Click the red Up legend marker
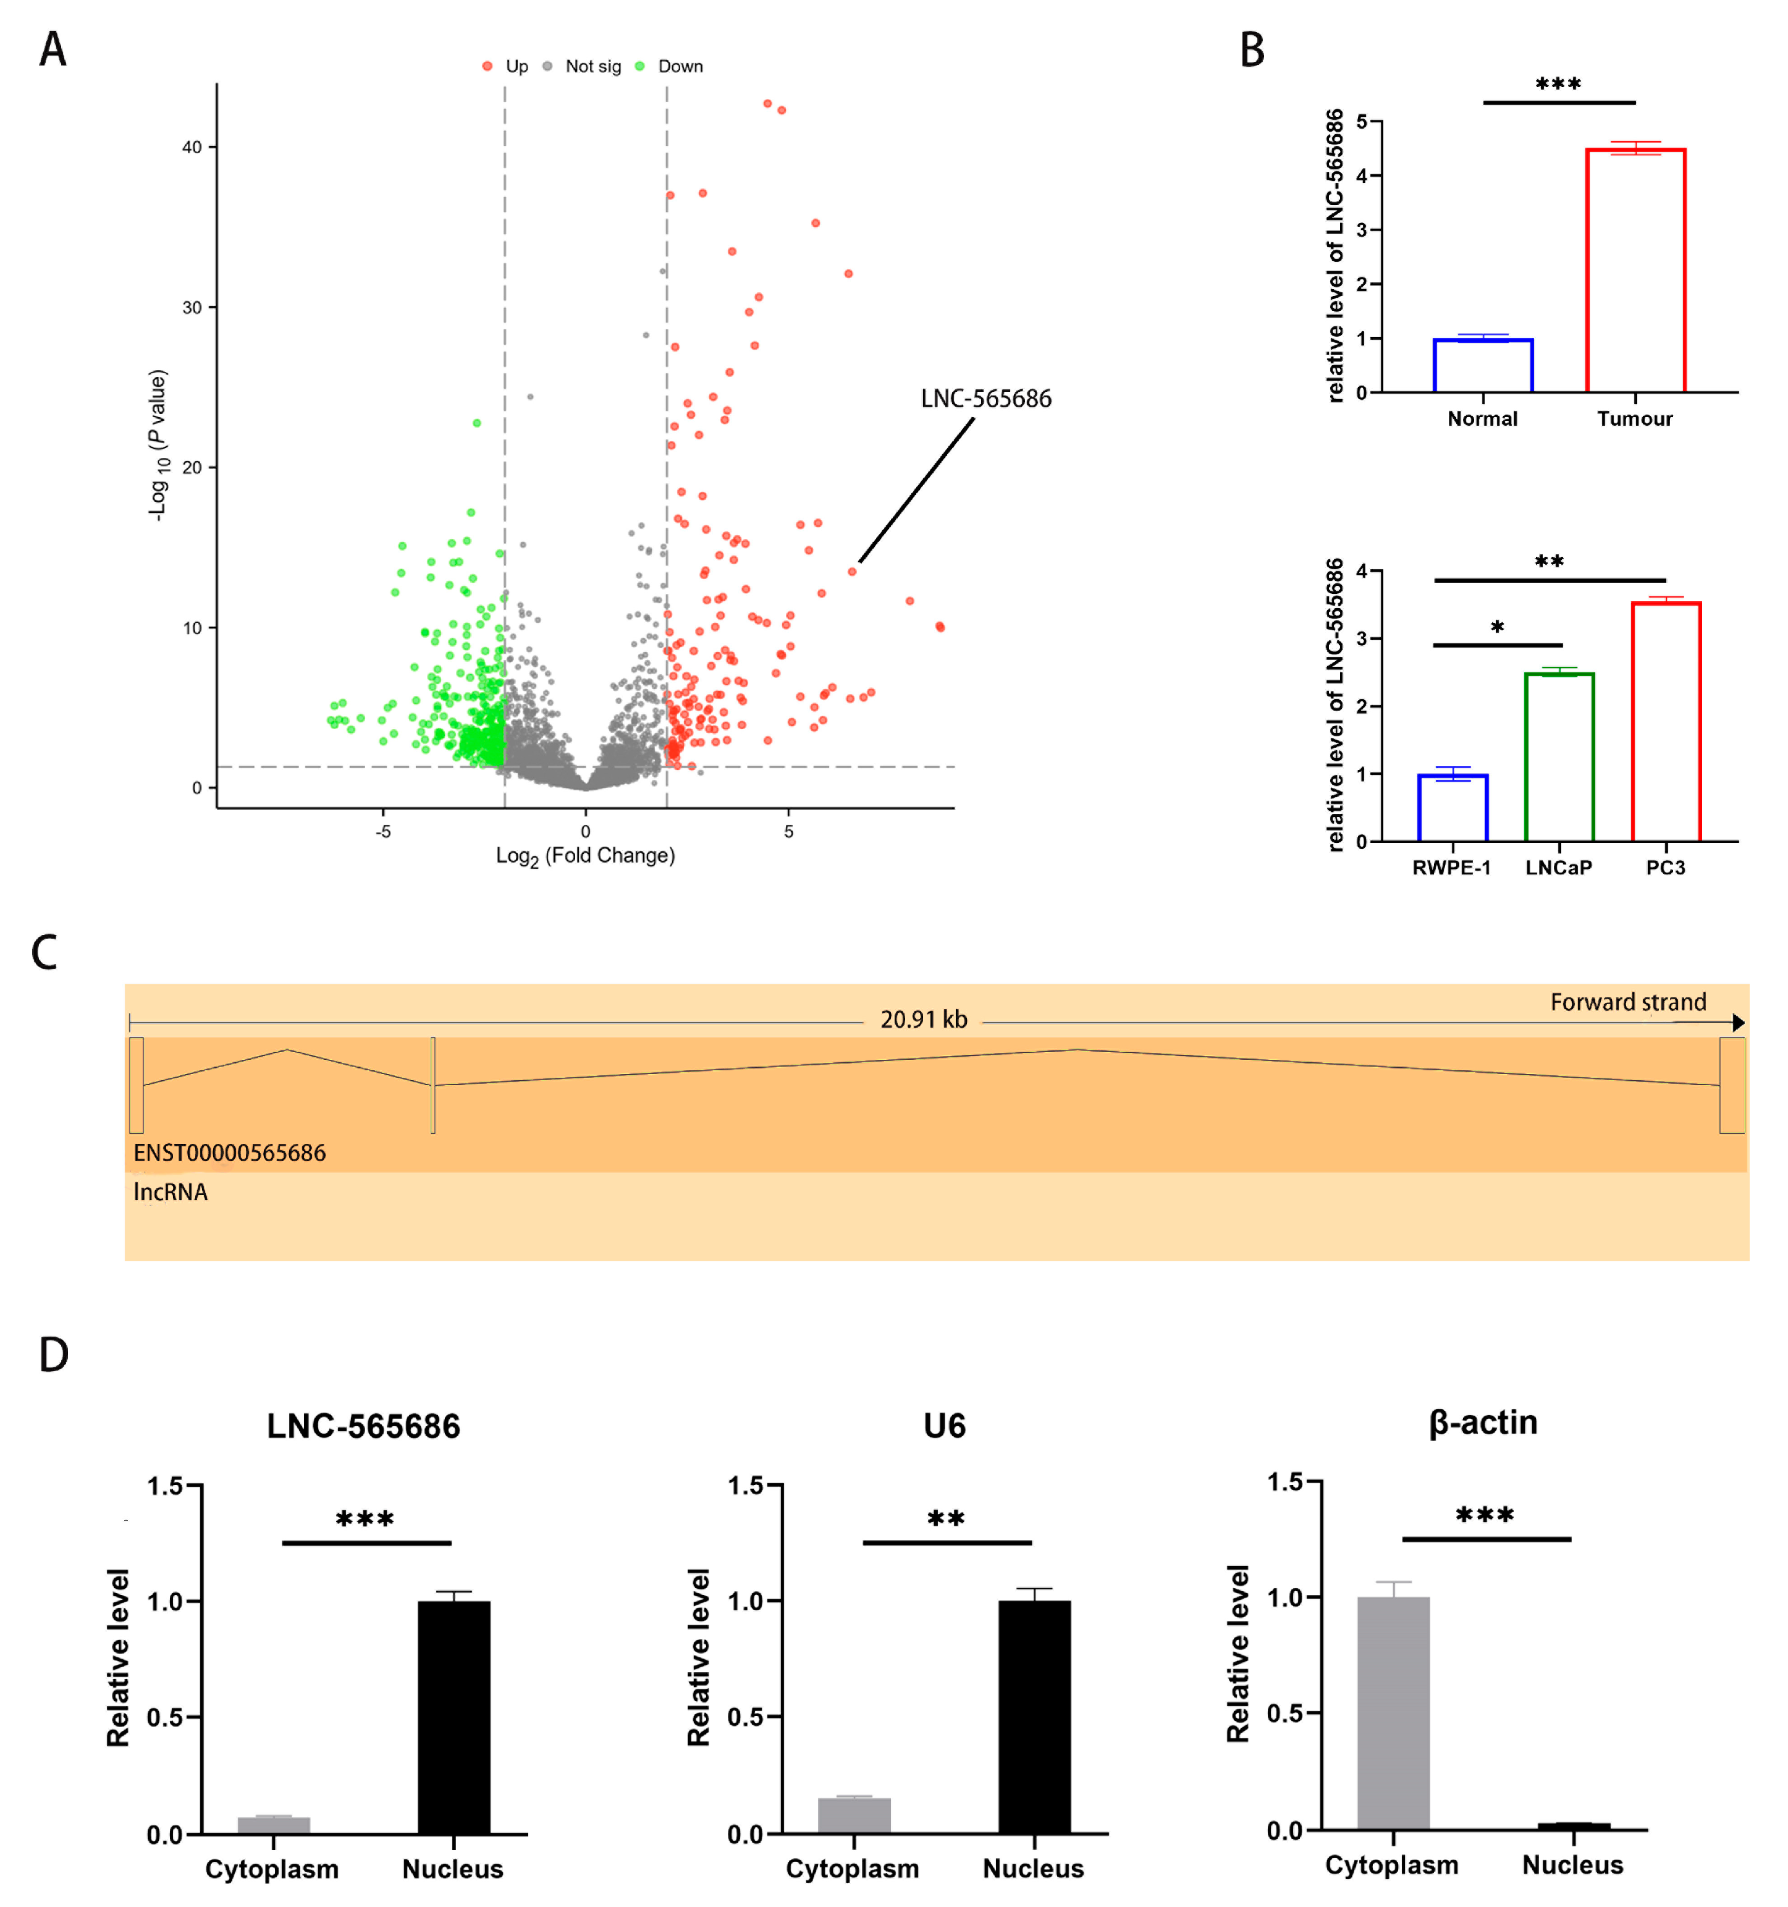click(x=487, y=66)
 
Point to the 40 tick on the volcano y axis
click(x=193, y=147)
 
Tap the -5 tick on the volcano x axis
click(x=382, y=832)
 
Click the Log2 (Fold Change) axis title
click(x=585, y=856)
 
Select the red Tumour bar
click(x=1635, y=271)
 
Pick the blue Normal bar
click(x=1482, y=365)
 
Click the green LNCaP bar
click(x=1559, y=757)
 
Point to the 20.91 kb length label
click(x=923, y=1020)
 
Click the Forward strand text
click(x=1628, y=1002)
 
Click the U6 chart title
click(x=944, y=1426)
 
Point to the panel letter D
click(x=54, y=1355)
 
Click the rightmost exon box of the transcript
click(x=1731, y=1085)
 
